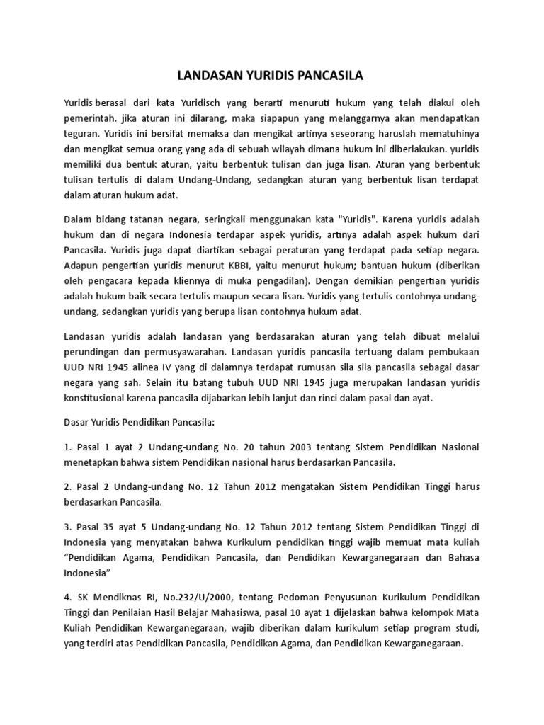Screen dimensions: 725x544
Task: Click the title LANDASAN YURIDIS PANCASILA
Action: pos(272,74)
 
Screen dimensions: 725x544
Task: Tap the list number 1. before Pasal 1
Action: pos(68,447)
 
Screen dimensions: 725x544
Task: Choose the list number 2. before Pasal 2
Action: pos(68,488)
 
